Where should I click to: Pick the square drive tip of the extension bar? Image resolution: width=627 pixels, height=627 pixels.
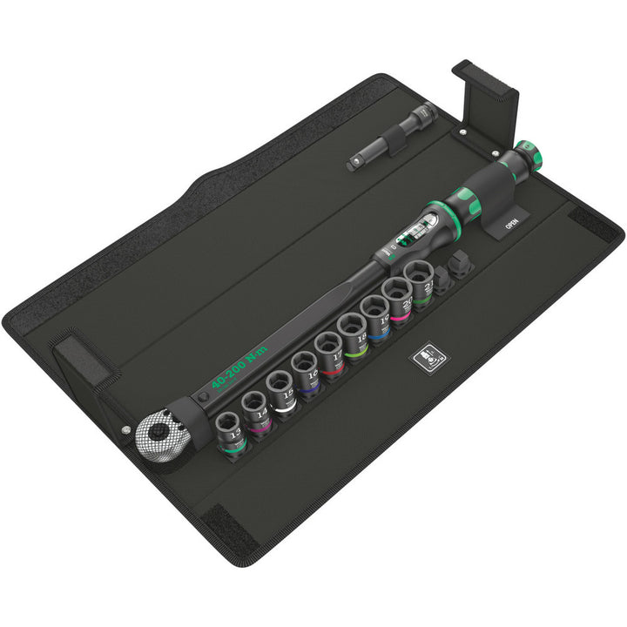tap(356, 160)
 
